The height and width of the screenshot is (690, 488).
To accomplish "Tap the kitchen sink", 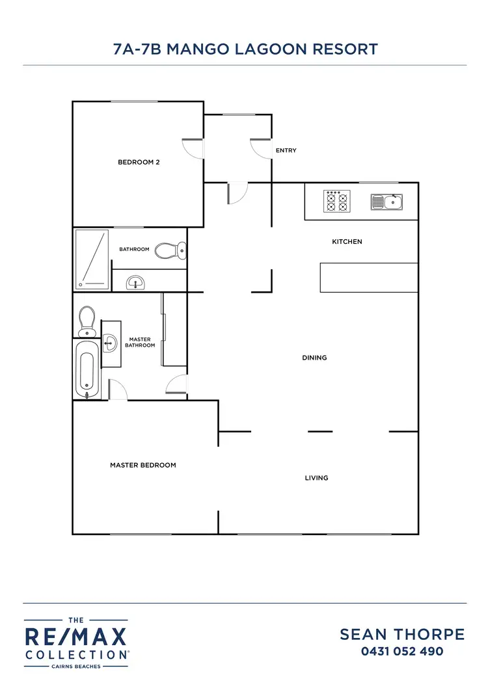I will tap(386, 202).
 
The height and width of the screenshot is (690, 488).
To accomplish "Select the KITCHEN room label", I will tap(347, 242).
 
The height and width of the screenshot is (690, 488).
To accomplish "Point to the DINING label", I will tap(314, 358).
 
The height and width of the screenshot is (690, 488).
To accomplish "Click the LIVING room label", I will tap(316, 478).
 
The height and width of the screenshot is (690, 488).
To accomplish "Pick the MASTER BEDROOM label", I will tap(143, 465).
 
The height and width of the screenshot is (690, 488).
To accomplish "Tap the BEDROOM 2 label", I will tap(139, 163).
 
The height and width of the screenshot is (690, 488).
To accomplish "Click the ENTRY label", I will tap(286, 151).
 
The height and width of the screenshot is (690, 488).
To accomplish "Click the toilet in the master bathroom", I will tap(87, 321).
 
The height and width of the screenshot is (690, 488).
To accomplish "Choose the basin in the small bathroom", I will tap(136, 282).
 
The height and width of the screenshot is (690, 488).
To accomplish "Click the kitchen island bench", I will tap(368, 278).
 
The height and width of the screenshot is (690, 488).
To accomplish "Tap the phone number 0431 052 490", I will tap(402, 651).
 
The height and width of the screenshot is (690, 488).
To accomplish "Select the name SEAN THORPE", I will tap(402, 635).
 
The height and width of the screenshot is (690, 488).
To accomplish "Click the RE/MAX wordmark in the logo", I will tap(76, 637).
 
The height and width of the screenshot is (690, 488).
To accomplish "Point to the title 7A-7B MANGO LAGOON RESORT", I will tap(245, 49).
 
